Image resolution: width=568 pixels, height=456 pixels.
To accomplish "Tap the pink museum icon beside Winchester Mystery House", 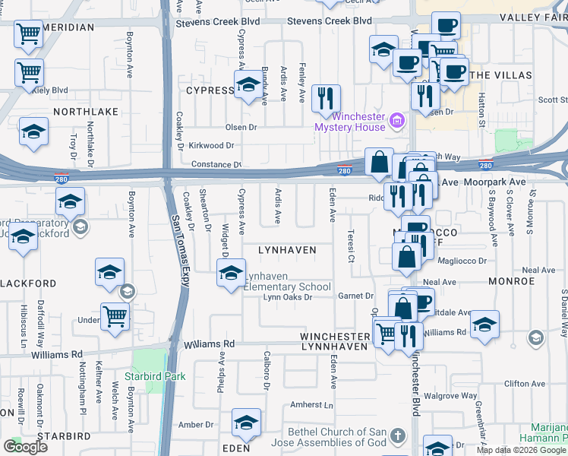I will tap(396, 121).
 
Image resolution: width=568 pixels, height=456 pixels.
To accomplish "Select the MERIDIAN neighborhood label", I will tap(69, 27).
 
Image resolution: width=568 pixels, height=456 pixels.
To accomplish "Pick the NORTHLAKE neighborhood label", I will tap(85, 111).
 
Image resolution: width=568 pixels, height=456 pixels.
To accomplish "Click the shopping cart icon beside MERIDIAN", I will tap(29, 33).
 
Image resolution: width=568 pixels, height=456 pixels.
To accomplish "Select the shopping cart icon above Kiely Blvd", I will tap(29, 73).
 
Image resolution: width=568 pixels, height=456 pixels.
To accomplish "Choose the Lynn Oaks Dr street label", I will tap(288, 297).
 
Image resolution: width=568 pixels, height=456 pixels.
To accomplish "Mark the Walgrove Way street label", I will tap(450, 396).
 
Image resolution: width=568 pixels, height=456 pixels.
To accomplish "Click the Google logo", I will tap(25, 447).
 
